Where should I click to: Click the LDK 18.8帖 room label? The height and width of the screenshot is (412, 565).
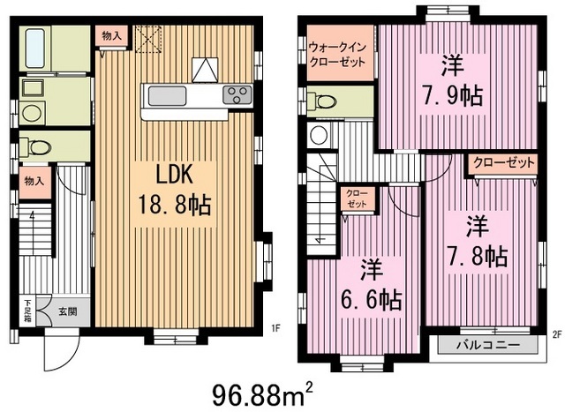173,189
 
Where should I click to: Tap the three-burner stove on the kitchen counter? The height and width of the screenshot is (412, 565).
236,94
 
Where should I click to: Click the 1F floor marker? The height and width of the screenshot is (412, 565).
275,330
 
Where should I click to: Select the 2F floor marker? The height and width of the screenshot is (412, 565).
556,334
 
